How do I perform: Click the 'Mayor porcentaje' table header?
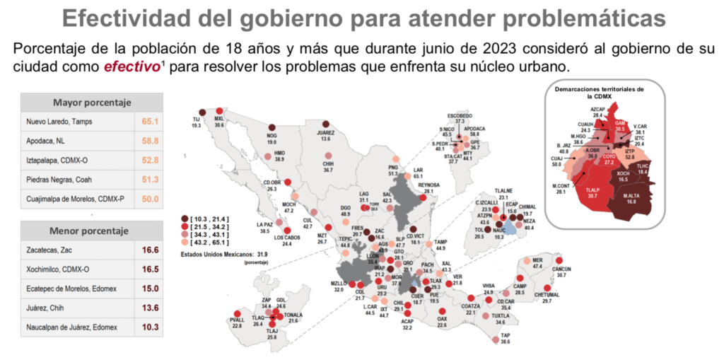92,103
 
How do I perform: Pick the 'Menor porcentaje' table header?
92,231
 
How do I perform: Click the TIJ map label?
197,120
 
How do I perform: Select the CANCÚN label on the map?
561,269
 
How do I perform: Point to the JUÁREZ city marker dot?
325,123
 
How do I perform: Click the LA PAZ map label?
264,225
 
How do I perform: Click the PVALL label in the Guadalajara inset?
238,320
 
